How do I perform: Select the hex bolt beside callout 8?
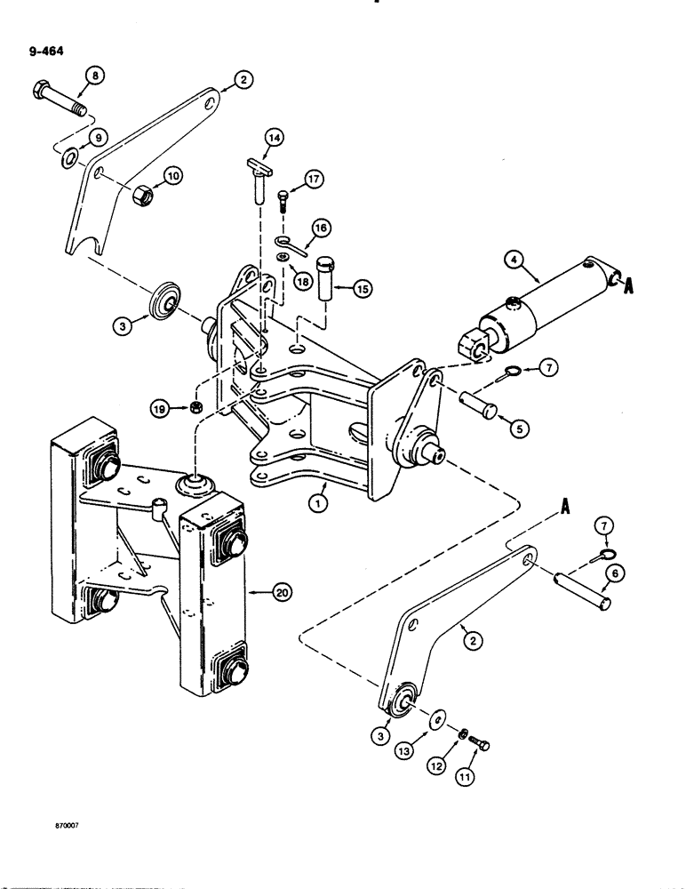pyautogui.click(x=60, y=98)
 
